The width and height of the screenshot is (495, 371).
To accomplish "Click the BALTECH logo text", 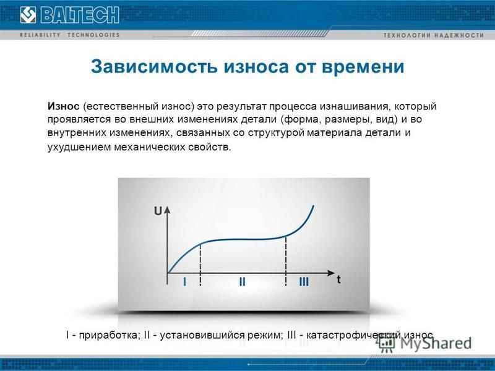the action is tap(80, 15).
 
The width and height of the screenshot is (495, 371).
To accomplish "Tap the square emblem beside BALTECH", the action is tap(28, 15).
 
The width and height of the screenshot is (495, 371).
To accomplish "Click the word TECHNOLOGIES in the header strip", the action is tap(93, 35).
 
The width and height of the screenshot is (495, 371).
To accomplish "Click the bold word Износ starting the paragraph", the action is tap(64, 106).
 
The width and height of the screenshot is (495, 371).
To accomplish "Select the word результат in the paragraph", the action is tap(241, 106).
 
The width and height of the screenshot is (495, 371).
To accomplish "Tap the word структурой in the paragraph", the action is tap(276, 133).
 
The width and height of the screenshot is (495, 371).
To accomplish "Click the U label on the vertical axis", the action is tap(158, 211).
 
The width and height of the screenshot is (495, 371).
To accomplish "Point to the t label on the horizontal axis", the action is tap(338, 279).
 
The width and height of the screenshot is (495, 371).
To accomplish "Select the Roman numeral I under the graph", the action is tap(184, 281).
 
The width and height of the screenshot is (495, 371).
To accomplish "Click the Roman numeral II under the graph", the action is tap(242, 281).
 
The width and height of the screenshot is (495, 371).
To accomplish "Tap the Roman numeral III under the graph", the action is tap(304, 281).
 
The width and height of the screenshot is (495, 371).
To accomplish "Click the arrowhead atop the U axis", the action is tap(167, 210).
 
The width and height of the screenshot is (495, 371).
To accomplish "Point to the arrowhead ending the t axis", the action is tap(331, 273).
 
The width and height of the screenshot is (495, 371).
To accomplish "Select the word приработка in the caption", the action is tap(108, 335).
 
